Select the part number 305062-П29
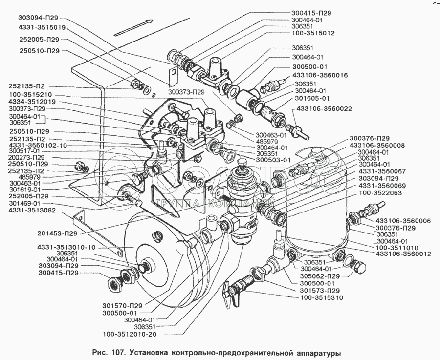[x=319, y=276]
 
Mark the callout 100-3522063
[x=381, y=193]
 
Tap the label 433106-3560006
[x=403, y=221]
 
